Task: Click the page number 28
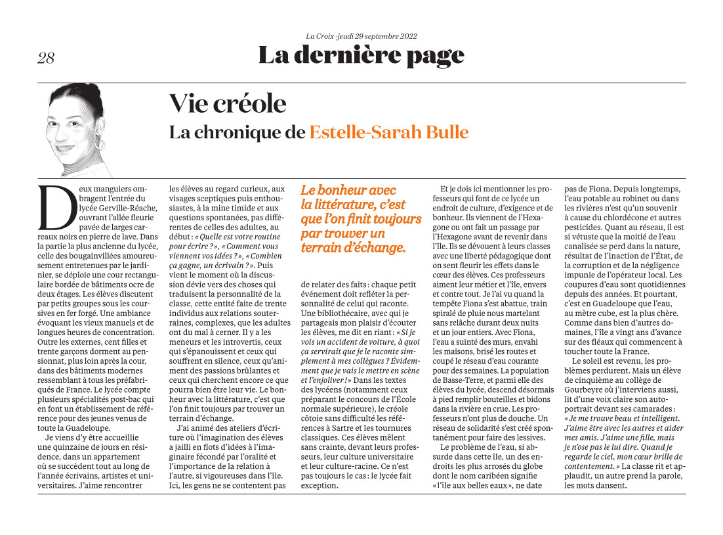tap(46, 58)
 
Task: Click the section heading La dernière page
tap(361, 55)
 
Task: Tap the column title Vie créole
tap(228, 104)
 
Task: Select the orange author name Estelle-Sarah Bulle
tap(388, 132)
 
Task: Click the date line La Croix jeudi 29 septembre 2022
tap(361, 36)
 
